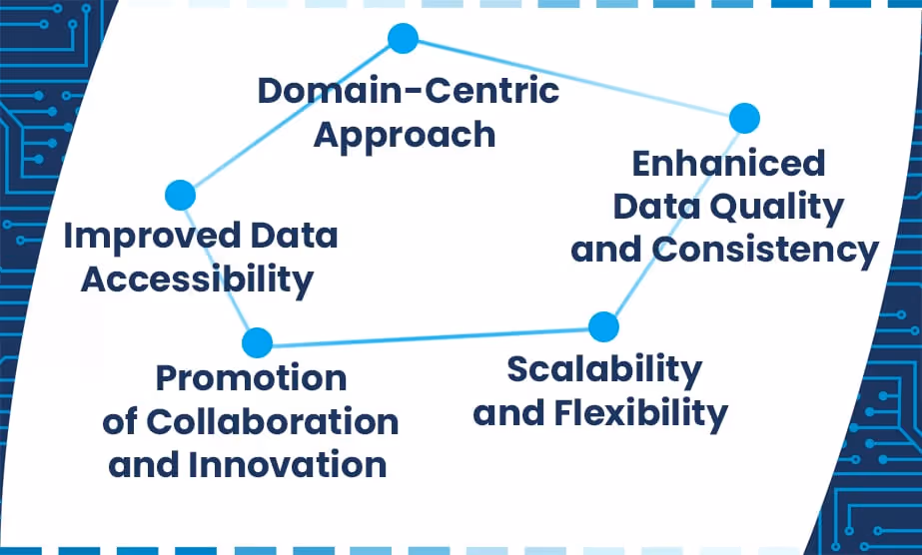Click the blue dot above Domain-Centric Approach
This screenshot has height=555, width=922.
(x=403, y=39)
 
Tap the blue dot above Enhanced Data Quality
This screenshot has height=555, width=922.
(x=744, y=118)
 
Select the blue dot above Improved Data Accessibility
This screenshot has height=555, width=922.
(x=180, y=195)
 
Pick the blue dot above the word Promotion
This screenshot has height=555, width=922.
(x=257, y=342)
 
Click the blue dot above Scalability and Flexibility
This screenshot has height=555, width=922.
(x=603, y=325)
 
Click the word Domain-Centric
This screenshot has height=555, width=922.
(x=408, y=91)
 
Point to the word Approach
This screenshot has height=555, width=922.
(x=405, y=135)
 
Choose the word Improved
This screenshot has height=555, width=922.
(x=138, y=237)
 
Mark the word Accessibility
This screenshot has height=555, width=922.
(x=197, y=280)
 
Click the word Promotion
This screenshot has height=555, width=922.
(x=251, y=379)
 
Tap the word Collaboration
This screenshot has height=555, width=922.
(x=273, y=422)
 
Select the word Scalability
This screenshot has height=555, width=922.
(x=604, y=369)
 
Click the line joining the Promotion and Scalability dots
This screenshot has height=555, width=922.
(x=430, y=334)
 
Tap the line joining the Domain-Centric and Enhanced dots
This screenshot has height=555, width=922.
(x=573, y=78)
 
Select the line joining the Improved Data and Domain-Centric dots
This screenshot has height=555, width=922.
(x=290, y=118)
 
